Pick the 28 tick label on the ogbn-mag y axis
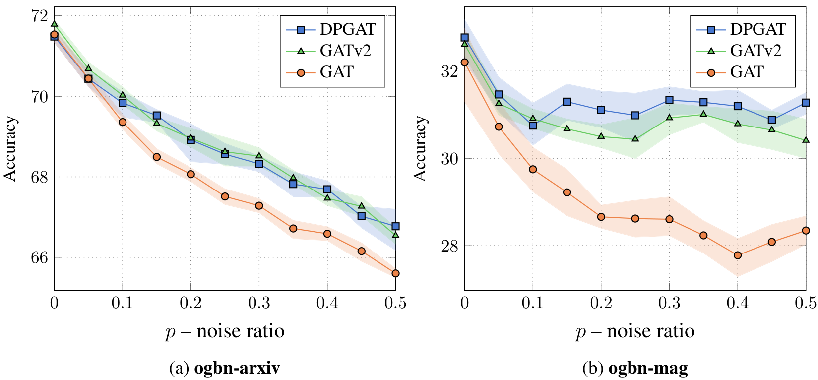(448, 246)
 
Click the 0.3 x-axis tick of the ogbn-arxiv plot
(259, 303)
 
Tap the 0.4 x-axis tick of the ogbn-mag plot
(738, 303)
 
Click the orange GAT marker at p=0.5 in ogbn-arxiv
(395, 273)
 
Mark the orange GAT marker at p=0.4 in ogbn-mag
(738, 255)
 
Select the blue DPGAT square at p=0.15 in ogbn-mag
(567, 102)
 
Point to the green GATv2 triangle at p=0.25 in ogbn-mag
(635, 139)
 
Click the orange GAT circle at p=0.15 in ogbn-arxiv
(157, 157)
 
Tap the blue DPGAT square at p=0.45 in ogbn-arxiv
(362, 216)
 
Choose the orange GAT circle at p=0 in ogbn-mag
(464, 63)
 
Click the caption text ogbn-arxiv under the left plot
(237, 368)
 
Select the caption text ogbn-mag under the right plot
(648, 368)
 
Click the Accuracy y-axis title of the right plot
(421, 149)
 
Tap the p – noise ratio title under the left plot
(225, 331)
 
